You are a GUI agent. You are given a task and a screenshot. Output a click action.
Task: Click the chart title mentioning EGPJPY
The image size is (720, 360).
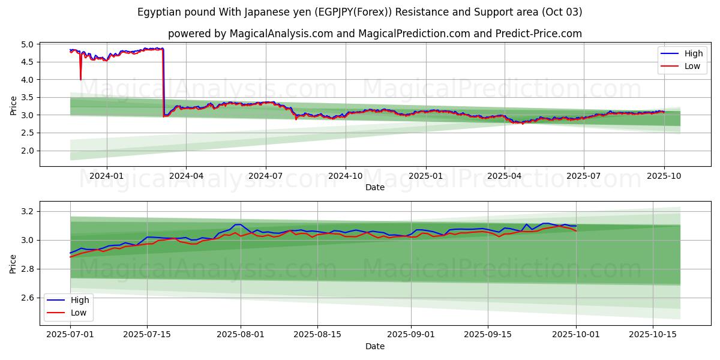359,12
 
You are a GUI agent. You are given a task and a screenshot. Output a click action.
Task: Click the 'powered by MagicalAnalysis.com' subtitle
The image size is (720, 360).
374,34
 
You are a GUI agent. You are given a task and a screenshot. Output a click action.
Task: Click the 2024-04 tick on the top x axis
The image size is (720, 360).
186,176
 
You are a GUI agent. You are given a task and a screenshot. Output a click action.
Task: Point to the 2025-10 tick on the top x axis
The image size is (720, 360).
664,176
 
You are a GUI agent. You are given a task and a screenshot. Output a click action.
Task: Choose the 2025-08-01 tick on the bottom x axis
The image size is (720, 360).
241,335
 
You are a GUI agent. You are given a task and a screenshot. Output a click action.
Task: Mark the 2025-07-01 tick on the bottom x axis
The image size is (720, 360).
70,335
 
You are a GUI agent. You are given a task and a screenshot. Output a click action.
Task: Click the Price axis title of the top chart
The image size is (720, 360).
14,106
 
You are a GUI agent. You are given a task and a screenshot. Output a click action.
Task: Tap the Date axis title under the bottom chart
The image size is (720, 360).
374,346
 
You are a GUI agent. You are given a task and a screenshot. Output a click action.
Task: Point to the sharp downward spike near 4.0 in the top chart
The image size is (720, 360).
80,78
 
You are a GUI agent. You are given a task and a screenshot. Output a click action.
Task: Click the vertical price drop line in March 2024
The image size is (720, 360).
164,84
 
